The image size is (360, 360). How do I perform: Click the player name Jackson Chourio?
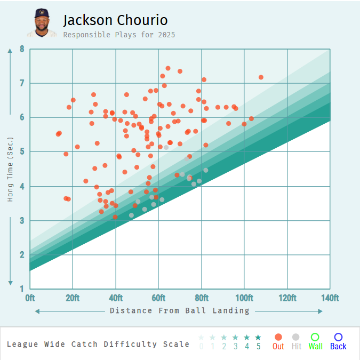pos(115,20)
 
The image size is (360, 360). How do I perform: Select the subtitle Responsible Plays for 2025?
pos(119,35)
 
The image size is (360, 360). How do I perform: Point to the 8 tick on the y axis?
pos(22,49)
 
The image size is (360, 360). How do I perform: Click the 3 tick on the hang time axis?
pos(22,221)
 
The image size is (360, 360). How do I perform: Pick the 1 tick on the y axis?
pos(22,289)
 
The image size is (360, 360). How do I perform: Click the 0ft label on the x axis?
pos(30,298)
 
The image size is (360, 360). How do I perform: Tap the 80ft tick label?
pos(202,298)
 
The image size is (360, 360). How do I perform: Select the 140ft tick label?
pos(330,298)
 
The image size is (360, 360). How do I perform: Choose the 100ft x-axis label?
pos(244,298)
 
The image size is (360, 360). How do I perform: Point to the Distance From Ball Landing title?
pos(180,310)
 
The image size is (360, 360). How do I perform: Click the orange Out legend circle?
pos(278,337)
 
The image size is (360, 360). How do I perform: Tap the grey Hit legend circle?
pos(296,337)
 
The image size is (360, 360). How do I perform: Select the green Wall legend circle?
pos(315,337)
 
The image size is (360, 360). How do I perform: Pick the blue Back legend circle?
pos(338,337)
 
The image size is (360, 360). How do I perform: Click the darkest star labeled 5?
pos(258,337)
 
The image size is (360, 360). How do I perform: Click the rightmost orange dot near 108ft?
pos(261,77)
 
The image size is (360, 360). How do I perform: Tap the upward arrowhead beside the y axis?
pos(10,52)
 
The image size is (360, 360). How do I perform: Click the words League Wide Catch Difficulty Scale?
pos(98,344)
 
